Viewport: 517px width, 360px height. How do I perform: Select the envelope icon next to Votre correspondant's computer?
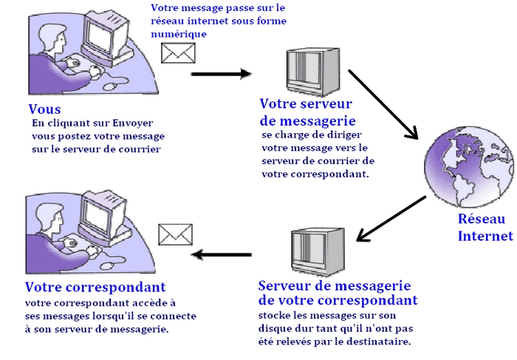176,234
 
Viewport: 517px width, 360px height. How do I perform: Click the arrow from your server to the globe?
383,104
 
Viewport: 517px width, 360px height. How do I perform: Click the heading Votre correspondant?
95,287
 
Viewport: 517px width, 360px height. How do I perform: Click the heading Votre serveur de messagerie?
308,112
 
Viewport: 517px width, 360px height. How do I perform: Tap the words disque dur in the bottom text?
294,328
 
